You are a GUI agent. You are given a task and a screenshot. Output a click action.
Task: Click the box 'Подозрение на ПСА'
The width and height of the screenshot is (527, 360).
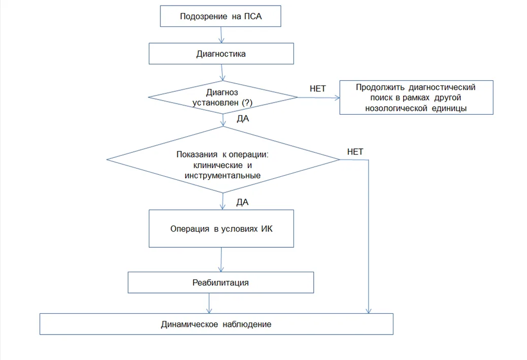click(220, 16)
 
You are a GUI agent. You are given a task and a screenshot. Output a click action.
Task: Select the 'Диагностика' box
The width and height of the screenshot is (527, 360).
click(221, 53)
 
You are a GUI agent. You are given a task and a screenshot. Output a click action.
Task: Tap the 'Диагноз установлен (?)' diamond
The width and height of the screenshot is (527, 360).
click(222, 97)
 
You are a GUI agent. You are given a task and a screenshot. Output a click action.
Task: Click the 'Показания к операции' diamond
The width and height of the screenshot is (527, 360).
click(223, 159)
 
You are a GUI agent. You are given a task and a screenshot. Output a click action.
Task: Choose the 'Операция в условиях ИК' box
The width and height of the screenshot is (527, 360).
click(221, 228)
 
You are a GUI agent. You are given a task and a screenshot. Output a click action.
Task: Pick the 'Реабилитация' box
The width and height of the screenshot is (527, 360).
click(221, 282)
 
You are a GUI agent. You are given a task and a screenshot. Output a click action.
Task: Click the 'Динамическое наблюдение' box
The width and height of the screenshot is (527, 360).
click(216, 324)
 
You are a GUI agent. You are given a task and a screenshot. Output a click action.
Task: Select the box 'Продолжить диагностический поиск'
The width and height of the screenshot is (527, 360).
click(416, 97)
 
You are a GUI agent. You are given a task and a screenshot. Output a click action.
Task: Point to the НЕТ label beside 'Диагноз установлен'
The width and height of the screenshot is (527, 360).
click(318, 89)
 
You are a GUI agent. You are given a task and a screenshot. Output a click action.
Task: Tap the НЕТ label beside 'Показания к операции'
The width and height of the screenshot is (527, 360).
click(355, 152)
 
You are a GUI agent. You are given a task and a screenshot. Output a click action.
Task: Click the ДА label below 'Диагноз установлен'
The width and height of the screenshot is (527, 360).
click(243, 119)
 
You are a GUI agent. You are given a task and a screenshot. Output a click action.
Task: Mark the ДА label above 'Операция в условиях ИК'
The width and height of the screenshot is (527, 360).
click(242, 202)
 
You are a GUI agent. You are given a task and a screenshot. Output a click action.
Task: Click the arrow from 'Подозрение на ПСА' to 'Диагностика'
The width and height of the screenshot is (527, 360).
click(221, 35)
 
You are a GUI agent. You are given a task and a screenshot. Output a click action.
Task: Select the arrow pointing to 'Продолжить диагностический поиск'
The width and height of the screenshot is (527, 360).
click(319, 97)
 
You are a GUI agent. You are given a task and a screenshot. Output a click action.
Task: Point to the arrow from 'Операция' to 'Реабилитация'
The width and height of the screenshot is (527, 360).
click(221, 259)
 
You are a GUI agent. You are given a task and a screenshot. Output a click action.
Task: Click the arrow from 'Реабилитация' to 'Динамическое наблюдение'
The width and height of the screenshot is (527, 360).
click(209, 303)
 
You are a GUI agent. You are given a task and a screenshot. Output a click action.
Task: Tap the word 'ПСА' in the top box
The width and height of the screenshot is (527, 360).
click(253, 16)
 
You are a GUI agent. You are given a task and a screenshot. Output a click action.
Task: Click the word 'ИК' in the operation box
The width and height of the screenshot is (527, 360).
click(267, 229)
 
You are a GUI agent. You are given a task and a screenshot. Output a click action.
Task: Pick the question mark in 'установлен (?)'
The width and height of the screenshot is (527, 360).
click(247, 102)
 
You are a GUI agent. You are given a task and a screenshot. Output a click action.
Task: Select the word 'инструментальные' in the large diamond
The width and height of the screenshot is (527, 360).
click(222, 176)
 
